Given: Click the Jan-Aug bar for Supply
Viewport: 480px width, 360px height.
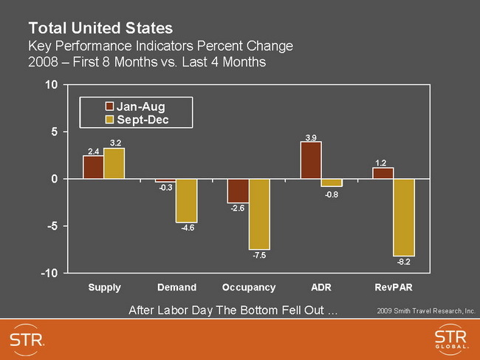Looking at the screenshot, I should tap(93, 167).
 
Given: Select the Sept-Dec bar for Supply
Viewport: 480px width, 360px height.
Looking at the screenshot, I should tap(114, 163).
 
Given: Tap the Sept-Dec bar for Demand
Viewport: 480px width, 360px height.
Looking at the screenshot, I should tap(186, 200).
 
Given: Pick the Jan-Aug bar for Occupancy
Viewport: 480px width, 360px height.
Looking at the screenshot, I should tap(238, 191).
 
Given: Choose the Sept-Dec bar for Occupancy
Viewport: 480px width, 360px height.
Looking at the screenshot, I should tap(258, 214).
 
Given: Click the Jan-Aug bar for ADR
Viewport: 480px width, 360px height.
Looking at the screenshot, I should tap(311, 160).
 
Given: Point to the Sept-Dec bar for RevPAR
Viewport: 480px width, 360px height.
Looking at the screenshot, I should tap(404, 217).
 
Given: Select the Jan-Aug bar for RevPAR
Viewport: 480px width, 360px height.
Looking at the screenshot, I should tap(383, 173).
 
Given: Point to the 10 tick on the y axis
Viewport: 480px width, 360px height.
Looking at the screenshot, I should tap(50, 84).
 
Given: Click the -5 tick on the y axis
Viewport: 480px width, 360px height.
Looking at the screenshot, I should tap(50, 226).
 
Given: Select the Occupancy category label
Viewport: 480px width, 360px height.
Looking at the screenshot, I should tap(249, 287).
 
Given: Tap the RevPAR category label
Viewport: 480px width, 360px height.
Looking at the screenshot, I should tap(394, 287).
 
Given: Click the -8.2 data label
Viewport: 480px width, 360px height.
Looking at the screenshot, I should tap(403, 262).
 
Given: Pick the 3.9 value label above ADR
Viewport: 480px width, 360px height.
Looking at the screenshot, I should tap(311, 136).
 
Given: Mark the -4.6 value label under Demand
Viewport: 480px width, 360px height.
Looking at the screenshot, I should tap(188, 228).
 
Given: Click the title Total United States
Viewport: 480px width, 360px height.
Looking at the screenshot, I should tap(100, 29).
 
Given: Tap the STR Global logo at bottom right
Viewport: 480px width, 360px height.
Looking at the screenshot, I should tap(450, 341).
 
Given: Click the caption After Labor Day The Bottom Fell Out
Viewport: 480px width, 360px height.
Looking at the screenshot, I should tap(233, 309).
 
